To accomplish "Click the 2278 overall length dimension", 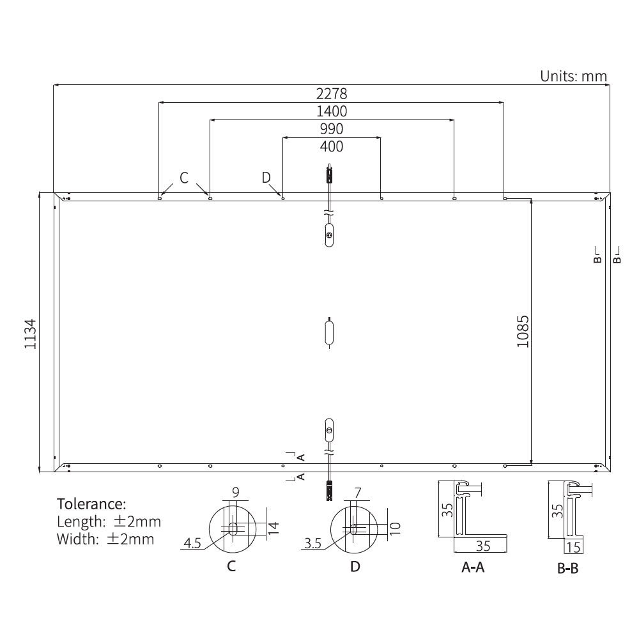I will (332, 94).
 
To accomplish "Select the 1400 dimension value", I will (332, 112).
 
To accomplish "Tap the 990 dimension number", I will (332, 129).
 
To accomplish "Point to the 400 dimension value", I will (332, 146).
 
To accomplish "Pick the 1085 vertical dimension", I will (523, 331).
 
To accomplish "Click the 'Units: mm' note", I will (573, 76).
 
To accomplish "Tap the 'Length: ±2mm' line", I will (109, 521).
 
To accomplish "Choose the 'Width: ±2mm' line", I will (105, 539).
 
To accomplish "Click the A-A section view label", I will (473, 567).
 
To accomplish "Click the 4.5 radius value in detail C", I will (192, 543).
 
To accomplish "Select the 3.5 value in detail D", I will (313, 543).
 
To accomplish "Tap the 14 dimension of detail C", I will (273, 528).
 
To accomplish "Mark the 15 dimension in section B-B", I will (573, 547).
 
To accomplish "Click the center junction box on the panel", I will (329, 332).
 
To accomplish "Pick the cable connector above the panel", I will (330, 174).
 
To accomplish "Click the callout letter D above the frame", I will (266, 178).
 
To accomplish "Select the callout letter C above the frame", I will (184, 178).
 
